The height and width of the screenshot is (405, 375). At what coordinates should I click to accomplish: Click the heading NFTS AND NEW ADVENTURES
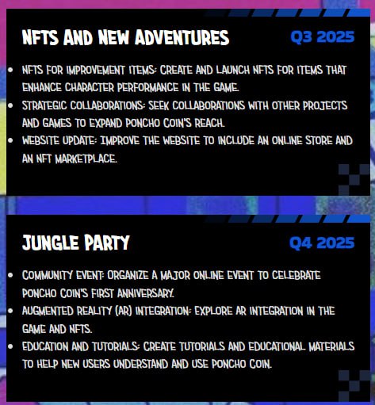click(125, 37)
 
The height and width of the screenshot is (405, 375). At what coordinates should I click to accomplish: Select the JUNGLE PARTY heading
click(76, 242)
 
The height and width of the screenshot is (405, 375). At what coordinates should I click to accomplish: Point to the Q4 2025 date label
click(321, 243)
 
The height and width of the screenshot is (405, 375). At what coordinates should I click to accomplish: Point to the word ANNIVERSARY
click(140, 292)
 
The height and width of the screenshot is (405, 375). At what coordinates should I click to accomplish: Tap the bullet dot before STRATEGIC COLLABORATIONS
click(10, 105)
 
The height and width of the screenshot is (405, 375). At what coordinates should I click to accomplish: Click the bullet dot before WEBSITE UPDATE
click(10, 141)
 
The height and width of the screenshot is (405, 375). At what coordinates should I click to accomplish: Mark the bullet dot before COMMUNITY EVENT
click(10, 275)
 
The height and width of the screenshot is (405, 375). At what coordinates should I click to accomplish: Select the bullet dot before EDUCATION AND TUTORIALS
click(10, 347)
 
